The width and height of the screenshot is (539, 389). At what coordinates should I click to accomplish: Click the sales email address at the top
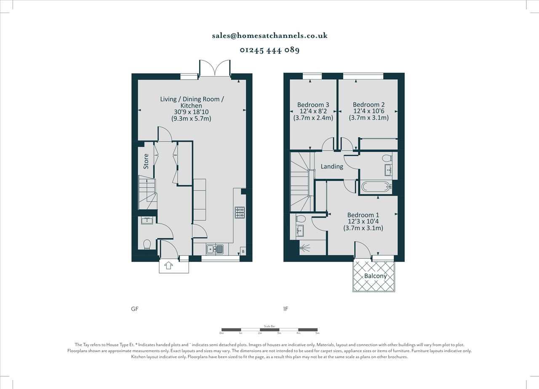pos(269,36)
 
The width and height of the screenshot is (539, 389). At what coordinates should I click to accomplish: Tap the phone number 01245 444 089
pos(269,50)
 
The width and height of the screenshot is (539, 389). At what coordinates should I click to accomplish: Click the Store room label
pos(146,161)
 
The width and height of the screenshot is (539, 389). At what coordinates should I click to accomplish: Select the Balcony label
pos(375,276)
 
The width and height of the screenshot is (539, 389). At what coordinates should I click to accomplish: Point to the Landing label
pos(332,166)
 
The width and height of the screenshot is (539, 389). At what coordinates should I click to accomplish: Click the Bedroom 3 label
pos(313,105)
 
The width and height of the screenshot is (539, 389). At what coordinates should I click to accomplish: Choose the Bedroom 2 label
pos(368,105)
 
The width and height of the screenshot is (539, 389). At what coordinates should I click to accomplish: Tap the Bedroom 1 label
pos(363,215)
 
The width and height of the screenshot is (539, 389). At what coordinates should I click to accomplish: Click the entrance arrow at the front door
pos(168,266)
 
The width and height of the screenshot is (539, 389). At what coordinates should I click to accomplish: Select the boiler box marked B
pos(243,252)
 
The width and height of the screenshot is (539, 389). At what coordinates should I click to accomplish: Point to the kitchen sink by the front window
pos(215,249)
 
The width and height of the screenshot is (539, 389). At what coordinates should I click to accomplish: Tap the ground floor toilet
pos(147,244)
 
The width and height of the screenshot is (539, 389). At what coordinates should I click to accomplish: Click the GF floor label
pos(135,309)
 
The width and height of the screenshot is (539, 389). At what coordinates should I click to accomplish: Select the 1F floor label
pos(286,309)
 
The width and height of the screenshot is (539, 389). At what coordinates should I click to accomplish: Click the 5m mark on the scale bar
pos(317,333)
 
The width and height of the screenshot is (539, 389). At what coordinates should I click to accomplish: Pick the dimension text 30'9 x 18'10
pos(191,112)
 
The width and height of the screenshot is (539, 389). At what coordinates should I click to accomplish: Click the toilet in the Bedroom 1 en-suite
pos(301,219)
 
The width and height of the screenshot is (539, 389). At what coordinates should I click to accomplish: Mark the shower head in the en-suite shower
pos(302,249)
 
